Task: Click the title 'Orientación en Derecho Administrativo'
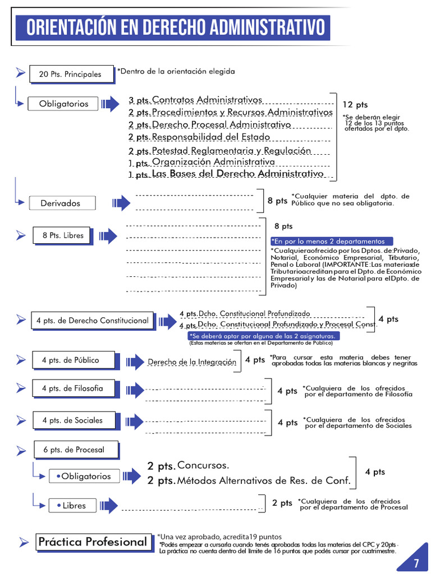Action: [x=176, y=27]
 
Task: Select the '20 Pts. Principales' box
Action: [x=70, y=74]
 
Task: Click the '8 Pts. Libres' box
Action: [x=63, y=235]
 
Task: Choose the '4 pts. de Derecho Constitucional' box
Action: [x=92, y=321]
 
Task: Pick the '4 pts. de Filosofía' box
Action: [x=72, y=388]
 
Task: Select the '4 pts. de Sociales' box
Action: [x=72, y=420]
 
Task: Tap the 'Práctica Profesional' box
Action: [x=92, y=542]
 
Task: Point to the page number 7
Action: [x=416, y=563]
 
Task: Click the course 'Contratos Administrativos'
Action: [x=207, y=100]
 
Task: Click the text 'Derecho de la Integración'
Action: [x=191, y=362]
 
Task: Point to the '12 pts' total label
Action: [x=355, y=105]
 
